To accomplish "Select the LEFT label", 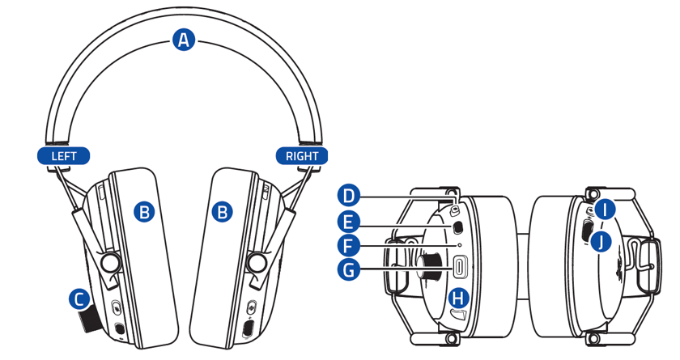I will (x=63, y=155).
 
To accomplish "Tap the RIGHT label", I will (x=302, y=155).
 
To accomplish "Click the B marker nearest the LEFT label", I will (x=144, y=213).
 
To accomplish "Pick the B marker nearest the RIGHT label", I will (x=222, y=213).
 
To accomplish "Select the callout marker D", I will (x=348, y=195).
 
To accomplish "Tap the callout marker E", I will (x=348, y=219).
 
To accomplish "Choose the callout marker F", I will (x=348, y=244).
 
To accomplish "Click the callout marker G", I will (x=348, y=269).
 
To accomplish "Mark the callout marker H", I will (x=459, y=297).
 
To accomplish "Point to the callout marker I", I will (x=607, y=210).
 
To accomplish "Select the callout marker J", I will (x=600, y=240).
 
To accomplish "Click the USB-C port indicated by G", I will (x=460, y=266).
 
